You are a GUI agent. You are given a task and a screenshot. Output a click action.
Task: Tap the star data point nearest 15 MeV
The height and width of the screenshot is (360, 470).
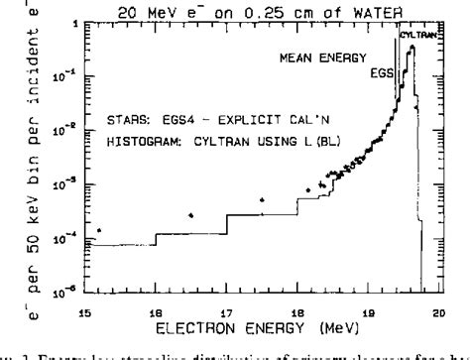[x=99, y=230]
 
